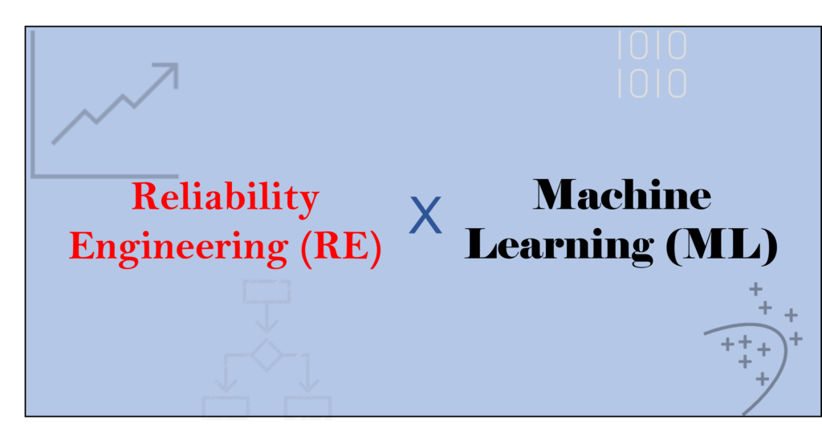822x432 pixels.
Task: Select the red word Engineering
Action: pyautogui.click(x=179, y=247)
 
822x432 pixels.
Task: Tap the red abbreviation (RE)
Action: pyautogui.click(x=341, y=247)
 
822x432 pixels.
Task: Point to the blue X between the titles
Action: pyautogui.click(x=425, y=215)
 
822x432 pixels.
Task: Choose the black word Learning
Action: pyautogui.click(x=559, y=246)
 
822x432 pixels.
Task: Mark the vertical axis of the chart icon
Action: pyautogui.click(x=33, y=104)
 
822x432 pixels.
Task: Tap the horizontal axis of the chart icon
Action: pyautogui.click(x=105, y=176)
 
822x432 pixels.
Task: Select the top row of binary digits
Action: pyautogui.click(x=652, y=45)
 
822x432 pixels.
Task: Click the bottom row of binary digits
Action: pyautogui.click(x=652, y=84)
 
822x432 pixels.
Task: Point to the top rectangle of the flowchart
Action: pyautogui.click(x=267, y=291)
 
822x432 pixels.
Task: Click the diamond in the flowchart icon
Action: pyautogui.click(x=267, y=355)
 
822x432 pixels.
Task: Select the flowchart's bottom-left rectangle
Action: pyautogui.click(x=226, y=408)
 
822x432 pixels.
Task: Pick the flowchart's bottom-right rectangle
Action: pyautogui.click(x=307, y=408)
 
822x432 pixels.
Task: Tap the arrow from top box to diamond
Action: pyautogui.click(x=267, y=318)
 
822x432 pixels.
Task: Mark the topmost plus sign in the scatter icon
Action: pyautogui.click(x=755, y=289)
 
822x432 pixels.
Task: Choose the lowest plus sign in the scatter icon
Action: pyautogui.click(x=763, y=378)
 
